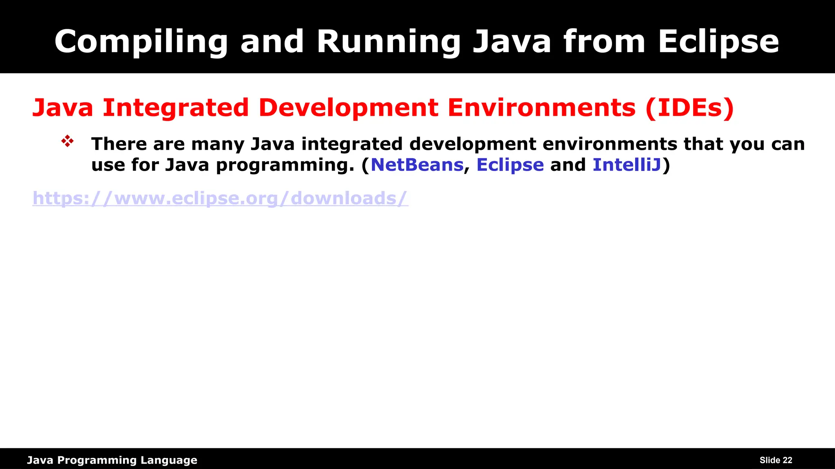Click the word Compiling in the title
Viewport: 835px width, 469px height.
click(x=141, y=42)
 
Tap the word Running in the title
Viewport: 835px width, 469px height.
click(x=389, y=42)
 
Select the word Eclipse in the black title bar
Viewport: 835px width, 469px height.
click(x=718, y=42)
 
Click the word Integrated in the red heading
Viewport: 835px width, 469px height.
click(x=176, y=108)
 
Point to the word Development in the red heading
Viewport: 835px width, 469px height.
click(x=349, y=108)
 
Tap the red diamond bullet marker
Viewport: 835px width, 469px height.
click(x=67, y=141)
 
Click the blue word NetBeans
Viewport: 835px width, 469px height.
click(x=417, y=165)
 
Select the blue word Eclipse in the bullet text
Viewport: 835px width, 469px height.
click(x=510, y=165)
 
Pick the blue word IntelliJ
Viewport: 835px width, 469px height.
click(x=627, y=165)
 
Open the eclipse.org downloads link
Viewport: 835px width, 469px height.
click(x=220, y=198)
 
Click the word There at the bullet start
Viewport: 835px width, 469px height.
click(x=119, y=144)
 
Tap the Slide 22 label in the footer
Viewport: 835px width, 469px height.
click(x=775, y=460)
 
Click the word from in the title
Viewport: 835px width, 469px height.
click(x=604, y=42)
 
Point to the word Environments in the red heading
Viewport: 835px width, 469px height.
click(x=541, y=108)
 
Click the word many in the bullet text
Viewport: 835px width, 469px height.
click(x=218, y=144)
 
